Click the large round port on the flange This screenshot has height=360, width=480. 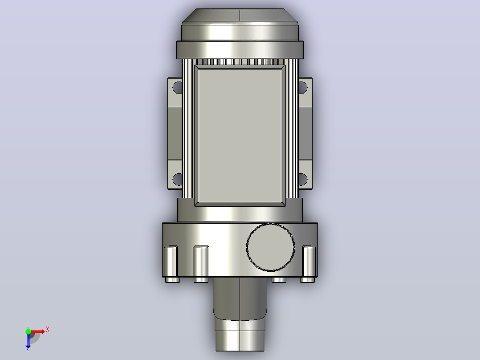271,247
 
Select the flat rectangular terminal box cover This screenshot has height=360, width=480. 240,135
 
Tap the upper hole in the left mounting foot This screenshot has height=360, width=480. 177,87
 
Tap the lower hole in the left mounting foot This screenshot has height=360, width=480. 177,179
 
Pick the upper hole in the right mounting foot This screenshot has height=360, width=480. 303,87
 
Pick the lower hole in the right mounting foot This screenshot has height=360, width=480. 303,179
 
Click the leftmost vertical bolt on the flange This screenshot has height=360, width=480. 171,262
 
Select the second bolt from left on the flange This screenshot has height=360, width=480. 201,262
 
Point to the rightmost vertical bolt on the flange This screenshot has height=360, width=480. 309,262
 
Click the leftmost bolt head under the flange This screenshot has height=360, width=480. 172,280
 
